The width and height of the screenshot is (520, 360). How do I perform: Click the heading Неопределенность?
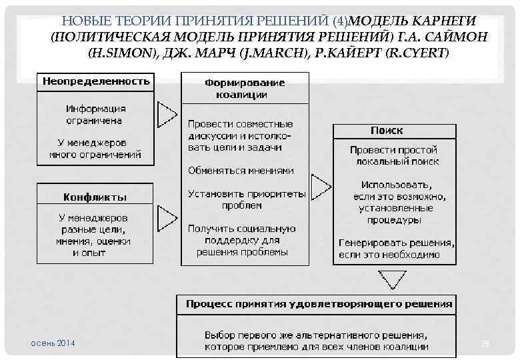(95, 82)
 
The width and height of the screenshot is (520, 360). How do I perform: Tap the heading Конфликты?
(95, 197)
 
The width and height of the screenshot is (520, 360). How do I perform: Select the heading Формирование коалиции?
(245, 88)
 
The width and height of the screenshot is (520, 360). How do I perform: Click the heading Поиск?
(387, 131)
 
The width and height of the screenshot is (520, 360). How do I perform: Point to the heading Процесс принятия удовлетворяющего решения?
(319, 304)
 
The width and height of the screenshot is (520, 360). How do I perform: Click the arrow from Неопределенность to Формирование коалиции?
(166, 114)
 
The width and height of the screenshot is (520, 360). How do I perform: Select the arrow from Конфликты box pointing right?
(166, 218)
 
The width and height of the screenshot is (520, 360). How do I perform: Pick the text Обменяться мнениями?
(241, 170)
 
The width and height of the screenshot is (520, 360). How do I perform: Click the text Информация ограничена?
(95, 115)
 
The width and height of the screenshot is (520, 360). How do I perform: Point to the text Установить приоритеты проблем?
(246, 200)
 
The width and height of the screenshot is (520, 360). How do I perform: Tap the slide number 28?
(485, 343)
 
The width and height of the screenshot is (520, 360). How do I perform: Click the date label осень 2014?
(53, 343)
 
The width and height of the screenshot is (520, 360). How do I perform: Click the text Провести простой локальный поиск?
(394, 156)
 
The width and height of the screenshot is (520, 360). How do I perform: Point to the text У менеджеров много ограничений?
(95, 149)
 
